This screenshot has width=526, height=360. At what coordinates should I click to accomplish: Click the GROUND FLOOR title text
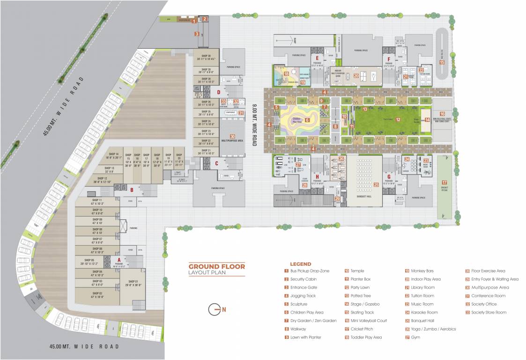216,266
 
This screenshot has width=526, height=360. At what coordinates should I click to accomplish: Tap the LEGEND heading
300,264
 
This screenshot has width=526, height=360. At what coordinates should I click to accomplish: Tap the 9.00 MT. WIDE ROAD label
254,125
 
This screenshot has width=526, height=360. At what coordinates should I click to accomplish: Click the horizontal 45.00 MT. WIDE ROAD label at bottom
84,346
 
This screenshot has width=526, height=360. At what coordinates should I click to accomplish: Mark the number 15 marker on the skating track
441,62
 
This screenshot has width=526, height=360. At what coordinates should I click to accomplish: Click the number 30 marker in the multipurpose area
232,136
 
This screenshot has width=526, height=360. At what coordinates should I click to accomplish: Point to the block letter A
119,259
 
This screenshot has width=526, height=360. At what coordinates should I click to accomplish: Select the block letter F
388,60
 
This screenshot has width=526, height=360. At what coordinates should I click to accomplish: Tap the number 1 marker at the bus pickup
194,21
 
